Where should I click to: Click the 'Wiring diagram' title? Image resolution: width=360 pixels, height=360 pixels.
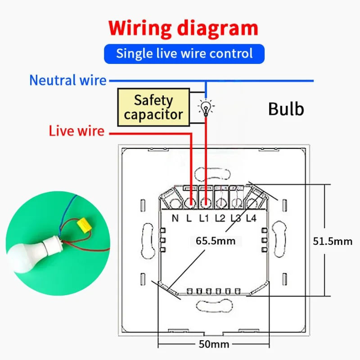[x=184, y=28]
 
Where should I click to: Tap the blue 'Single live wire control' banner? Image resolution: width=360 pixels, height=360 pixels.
[x=184, y=54]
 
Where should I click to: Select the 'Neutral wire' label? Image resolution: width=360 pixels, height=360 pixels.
[x=67, y=81]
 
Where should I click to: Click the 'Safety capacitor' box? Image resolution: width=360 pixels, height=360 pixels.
[x=153, y=107]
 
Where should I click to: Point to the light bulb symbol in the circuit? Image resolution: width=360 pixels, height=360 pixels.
[x=206, y=108]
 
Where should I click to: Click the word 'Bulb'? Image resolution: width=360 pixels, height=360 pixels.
[x=286, y=109]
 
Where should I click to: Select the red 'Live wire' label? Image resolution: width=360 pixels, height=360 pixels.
[x=76, y=131]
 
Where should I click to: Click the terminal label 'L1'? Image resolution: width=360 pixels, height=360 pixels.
[x=204, y=219]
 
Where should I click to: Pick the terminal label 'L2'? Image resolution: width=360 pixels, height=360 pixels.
[x=220, y=219]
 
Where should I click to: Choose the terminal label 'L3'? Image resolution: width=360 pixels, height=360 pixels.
[x=235, y=219]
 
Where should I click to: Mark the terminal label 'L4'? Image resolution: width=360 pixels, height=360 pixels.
[x=251, y=219]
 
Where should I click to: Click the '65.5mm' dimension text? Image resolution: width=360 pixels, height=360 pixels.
[x=216, y=241]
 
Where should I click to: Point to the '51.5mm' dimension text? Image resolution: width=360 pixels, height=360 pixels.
[x=333, y=241]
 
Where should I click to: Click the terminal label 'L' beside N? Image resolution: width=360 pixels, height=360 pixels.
[x=189, y=219]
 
